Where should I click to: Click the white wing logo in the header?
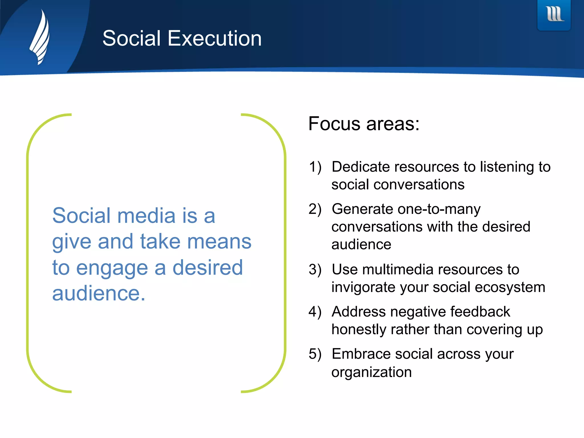tap(40, 37)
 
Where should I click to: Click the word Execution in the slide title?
tap(214, 38)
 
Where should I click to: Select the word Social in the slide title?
tap(131, 38)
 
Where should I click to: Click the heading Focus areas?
tap(364, 124)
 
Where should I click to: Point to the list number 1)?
tap(315, 167)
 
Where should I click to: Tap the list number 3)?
tap(315, 269)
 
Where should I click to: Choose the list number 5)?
tap(315, 354)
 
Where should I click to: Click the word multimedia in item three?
tap(398, 269)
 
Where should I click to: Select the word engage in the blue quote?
tap(112, 268)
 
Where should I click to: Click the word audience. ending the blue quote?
tap(99, 293)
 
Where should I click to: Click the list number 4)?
tap(315, 312)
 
